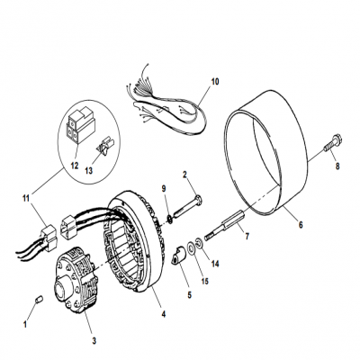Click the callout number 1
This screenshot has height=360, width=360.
(27, 321)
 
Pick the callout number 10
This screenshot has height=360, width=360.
(214, 80)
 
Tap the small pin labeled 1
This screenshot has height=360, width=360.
(37, 299)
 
